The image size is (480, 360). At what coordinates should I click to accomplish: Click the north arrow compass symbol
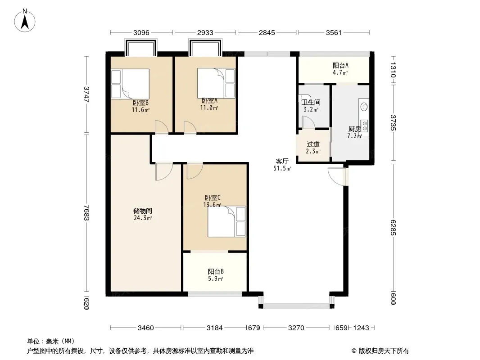click(25, 20)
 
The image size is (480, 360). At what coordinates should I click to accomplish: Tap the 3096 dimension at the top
click(141, 32)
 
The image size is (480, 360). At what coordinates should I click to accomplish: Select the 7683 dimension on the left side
click(86, 212)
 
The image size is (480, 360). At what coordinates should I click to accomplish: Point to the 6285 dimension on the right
click(393, 228)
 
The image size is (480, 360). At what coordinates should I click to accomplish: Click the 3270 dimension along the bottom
click(296, 328)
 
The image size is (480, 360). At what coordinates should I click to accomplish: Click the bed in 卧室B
click(130, 84)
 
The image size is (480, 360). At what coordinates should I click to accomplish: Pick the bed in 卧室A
click(216, 83)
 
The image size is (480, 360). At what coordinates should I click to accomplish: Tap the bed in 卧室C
click(227, 221)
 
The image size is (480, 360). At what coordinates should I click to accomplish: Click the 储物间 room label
click(143, 211)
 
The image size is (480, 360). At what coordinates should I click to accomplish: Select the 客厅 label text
click(282, 161)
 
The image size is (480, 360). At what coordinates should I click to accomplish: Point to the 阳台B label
click(216, 271)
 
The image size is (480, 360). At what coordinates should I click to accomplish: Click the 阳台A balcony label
click(340, 65)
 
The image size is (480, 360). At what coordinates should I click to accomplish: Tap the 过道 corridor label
click(313, 144)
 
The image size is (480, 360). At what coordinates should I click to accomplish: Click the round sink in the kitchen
click(364, 107)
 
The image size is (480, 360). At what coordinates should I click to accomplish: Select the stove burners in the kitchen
click(364, 126)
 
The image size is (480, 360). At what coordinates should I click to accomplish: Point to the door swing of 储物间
click(164, 172)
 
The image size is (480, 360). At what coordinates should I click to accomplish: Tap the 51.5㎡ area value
click(282, 168)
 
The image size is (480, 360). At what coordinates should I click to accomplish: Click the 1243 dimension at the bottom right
click(361, 328)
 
